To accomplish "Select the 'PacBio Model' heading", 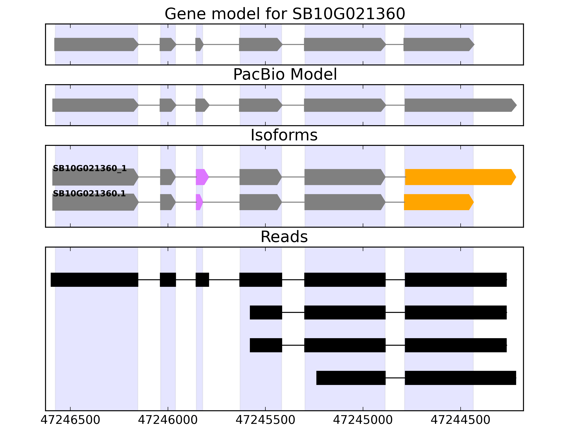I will click(284, 75).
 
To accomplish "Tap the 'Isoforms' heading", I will click(284, 135).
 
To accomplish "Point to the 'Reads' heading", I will click(284, 237).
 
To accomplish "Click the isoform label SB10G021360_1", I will click(89, 168).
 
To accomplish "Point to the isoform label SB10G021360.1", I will click(89, 194).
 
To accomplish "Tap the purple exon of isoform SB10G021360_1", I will click(202, 177).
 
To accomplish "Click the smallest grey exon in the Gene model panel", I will click(199, 44).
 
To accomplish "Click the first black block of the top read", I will click(94, 280).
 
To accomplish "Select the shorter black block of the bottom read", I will click(351, 378).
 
